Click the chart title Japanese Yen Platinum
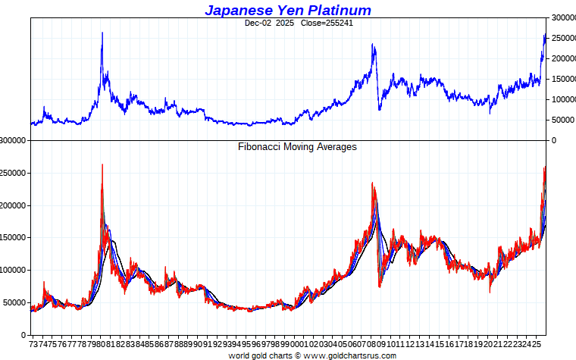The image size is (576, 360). click(288, 10)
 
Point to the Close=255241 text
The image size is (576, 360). click(327, 23)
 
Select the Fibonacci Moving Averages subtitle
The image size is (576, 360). click(297, 147)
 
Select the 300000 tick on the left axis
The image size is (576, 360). click(14, 140)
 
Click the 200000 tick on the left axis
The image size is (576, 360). click(14, 205)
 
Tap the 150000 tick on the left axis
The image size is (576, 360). click(14, 237)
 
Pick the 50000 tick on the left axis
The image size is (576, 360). click(16, 302)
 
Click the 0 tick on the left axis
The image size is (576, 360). click(25, 334)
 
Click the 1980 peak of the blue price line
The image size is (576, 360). click(102, 33)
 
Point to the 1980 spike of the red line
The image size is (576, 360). click(102, 165)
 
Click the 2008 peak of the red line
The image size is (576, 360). click(372, 183)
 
